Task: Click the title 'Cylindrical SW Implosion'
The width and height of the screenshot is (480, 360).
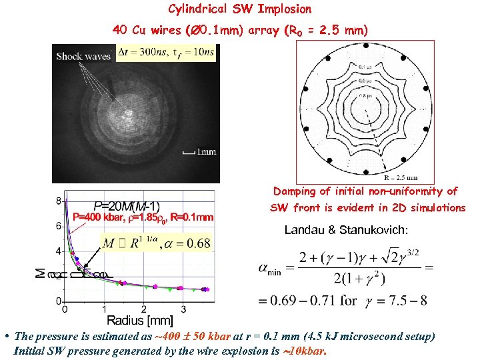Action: point(239,9)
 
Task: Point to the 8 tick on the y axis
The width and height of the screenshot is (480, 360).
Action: point(59,201)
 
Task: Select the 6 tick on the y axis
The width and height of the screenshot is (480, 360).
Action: point(59,226)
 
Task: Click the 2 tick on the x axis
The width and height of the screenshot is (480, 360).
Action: point(145,309)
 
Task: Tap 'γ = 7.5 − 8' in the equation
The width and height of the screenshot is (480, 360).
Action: point(396,300)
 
